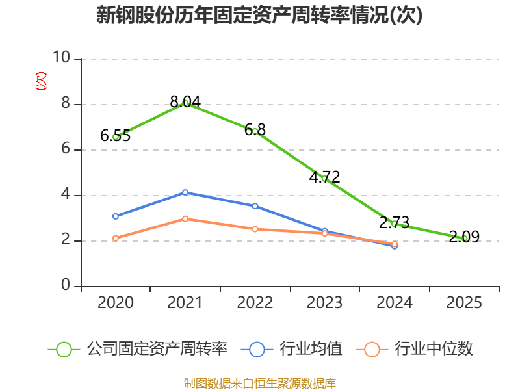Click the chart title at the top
[259, 15]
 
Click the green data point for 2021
[185, 103]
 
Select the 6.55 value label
[116, 136]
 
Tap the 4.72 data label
[324, 177]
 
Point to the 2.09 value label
[464, 237]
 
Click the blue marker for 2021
[185, 192]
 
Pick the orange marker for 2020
[116, 239]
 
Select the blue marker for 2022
[255, 206]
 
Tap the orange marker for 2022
[255, 229]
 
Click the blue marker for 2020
[116, 216]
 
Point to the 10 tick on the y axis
[62, 57]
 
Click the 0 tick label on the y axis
[66, 285]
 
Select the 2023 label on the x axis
[324, 303]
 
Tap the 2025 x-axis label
[464, 303]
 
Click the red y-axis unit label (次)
[41, 81]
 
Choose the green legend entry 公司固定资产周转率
[138, 349]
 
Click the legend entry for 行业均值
[291, 349]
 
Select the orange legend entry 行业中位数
[415, 349]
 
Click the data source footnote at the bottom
[260, 383]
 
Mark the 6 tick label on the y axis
[66, 149]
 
